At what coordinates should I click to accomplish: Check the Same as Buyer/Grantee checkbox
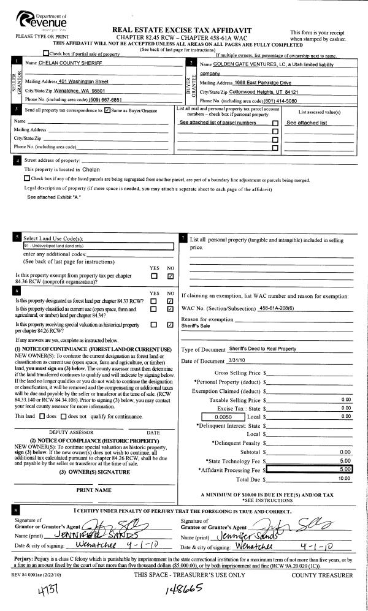click(107, 110)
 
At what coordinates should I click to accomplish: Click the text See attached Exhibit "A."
click(54, 197)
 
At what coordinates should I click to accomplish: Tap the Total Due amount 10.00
click(343, 478)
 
